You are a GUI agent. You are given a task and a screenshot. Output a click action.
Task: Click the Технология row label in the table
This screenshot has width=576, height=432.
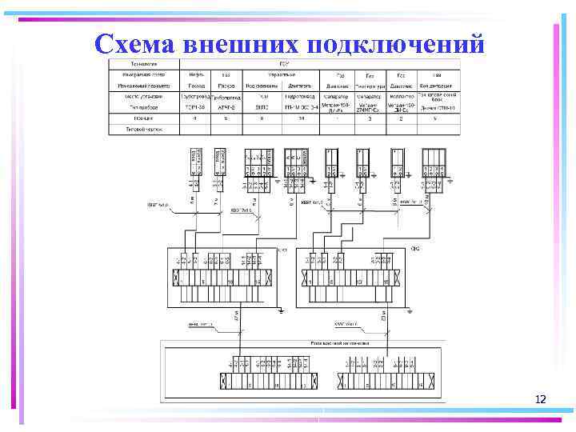coord(140,63)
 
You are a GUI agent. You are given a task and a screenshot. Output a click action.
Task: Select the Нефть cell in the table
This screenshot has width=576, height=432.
coord(194,74)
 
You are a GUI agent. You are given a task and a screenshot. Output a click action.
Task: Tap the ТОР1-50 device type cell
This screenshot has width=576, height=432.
coord(194,106)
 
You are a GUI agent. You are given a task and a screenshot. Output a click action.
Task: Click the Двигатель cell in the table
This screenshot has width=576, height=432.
coord(299,85)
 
